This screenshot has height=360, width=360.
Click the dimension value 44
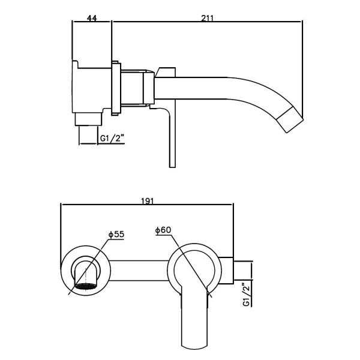click(92, 18)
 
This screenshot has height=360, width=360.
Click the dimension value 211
click(208, 18)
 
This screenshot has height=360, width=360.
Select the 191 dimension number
click(147, 201)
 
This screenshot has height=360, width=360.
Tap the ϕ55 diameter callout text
click(116, 234)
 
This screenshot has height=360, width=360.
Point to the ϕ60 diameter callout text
click(163, 230)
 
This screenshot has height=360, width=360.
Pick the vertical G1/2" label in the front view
click(246, 295)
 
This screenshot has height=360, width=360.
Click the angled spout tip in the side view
click(290, 119)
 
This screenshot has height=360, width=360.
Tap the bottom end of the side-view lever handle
click(172, 167)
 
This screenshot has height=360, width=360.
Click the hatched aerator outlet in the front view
click(85, 286)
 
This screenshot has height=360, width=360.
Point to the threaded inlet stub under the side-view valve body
click(88, 119)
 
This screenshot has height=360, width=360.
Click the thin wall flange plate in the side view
click(116, 88)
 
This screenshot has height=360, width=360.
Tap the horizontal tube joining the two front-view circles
click(139, 271)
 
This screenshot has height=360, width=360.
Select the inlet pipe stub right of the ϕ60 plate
click(242, 271)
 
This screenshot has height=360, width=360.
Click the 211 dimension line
click(208, 22)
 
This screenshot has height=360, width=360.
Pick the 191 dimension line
click(147, 204)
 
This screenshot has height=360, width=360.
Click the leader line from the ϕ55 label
click(88, 267)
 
